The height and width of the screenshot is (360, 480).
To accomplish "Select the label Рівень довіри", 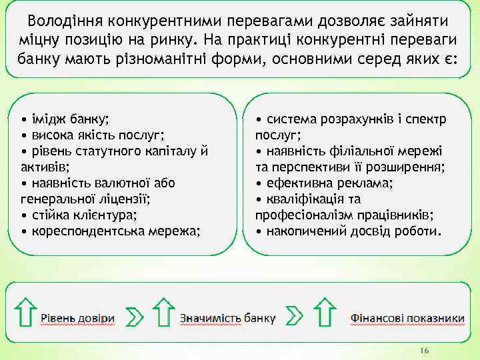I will tap(78, 318).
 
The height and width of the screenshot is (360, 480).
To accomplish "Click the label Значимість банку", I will tap(227, 318).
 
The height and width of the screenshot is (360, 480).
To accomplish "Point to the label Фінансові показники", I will tap(407, 318).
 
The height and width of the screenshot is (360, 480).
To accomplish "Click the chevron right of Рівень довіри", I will tap(135, 317).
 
